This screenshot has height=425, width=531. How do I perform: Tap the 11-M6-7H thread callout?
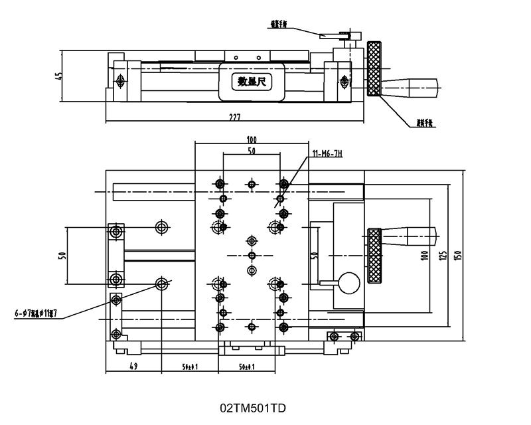pyautogui.click(x=327, y=154)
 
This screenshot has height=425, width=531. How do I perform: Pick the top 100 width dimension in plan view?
pyautogui.click(x=252, y=140)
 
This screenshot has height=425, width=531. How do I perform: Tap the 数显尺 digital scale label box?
pyautogui.click(x=252, y=82)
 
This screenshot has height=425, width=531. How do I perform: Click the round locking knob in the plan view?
pyautogui.click(x=348, y=282)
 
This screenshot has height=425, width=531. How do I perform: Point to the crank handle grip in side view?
pyautogui.click(x=413, y=84)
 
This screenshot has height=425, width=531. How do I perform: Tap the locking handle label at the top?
pyautogui.click(x=277, y=25)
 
